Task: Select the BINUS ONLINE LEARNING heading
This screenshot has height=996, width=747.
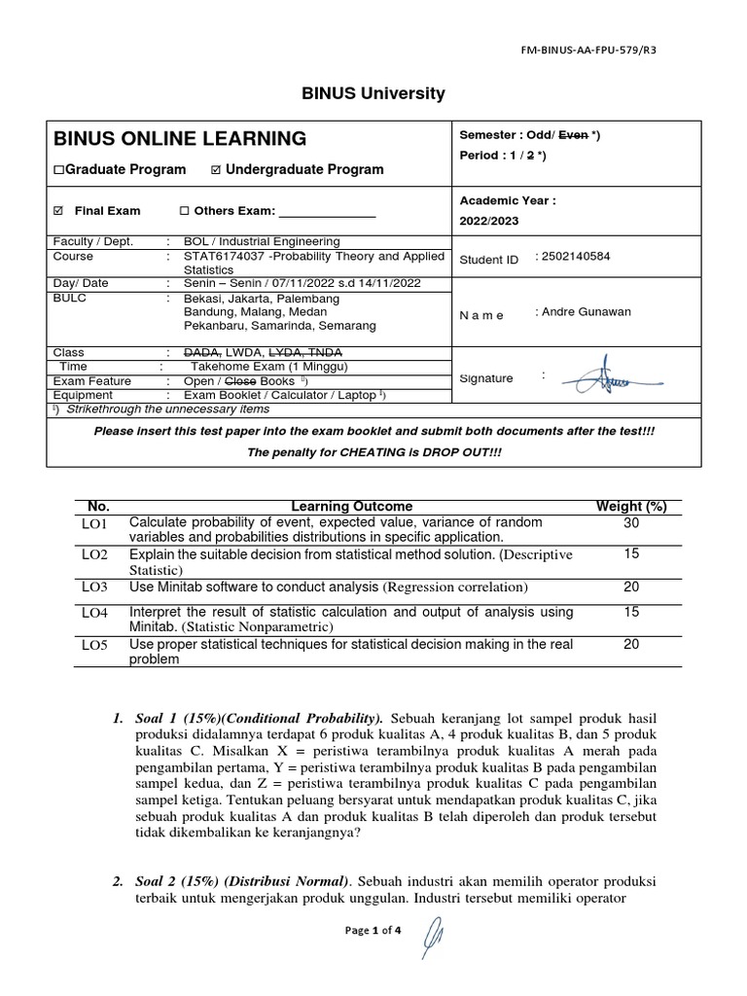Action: click(x=180, y=138)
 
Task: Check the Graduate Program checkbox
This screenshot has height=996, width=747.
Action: click(x=58, y=170)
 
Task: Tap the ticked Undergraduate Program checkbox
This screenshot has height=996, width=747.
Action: click(x=216, y=170)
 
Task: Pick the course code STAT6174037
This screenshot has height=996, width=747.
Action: click(x=225, y=257)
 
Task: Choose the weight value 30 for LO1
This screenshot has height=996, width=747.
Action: click(x=631, y=523)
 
